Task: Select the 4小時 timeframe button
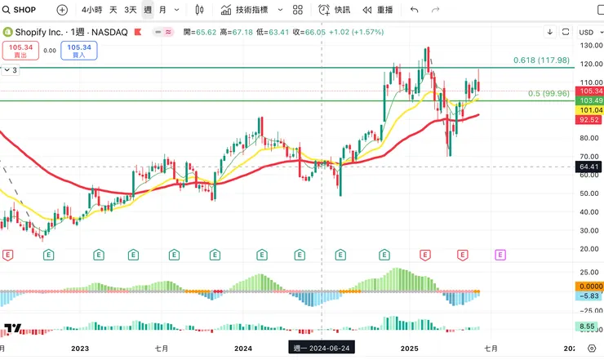point(92,10)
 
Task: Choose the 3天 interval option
point(131,10)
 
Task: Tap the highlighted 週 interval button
point(147,10)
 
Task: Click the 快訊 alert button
point(335,10)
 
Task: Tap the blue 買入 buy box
point(79,50)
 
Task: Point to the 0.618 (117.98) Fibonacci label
point(540,60)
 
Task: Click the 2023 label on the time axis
point(80,349)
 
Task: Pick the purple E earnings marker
point(500,255)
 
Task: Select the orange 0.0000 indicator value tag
point(589,287)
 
